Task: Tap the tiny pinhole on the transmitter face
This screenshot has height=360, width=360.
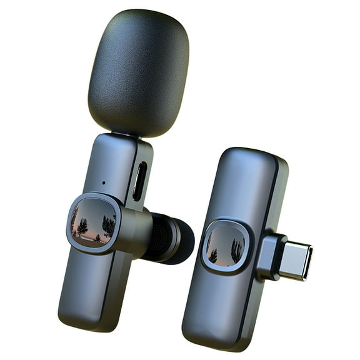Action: pyautogui.click(x=103, y=183)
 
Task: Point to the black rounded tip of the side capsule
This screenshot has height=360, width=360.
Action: pyautogui.click(x=182, y=240)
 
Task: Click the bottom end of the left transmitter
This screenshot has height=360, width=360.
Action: pyautogui.click(x=87, y=319)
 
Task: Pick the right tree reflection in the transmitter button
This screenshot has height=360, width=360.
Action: pyautogui.click(x=108, y=225)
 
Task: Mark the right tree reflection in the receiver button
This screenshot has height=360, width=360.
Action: pyautogui.click(x=237, y=250)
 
